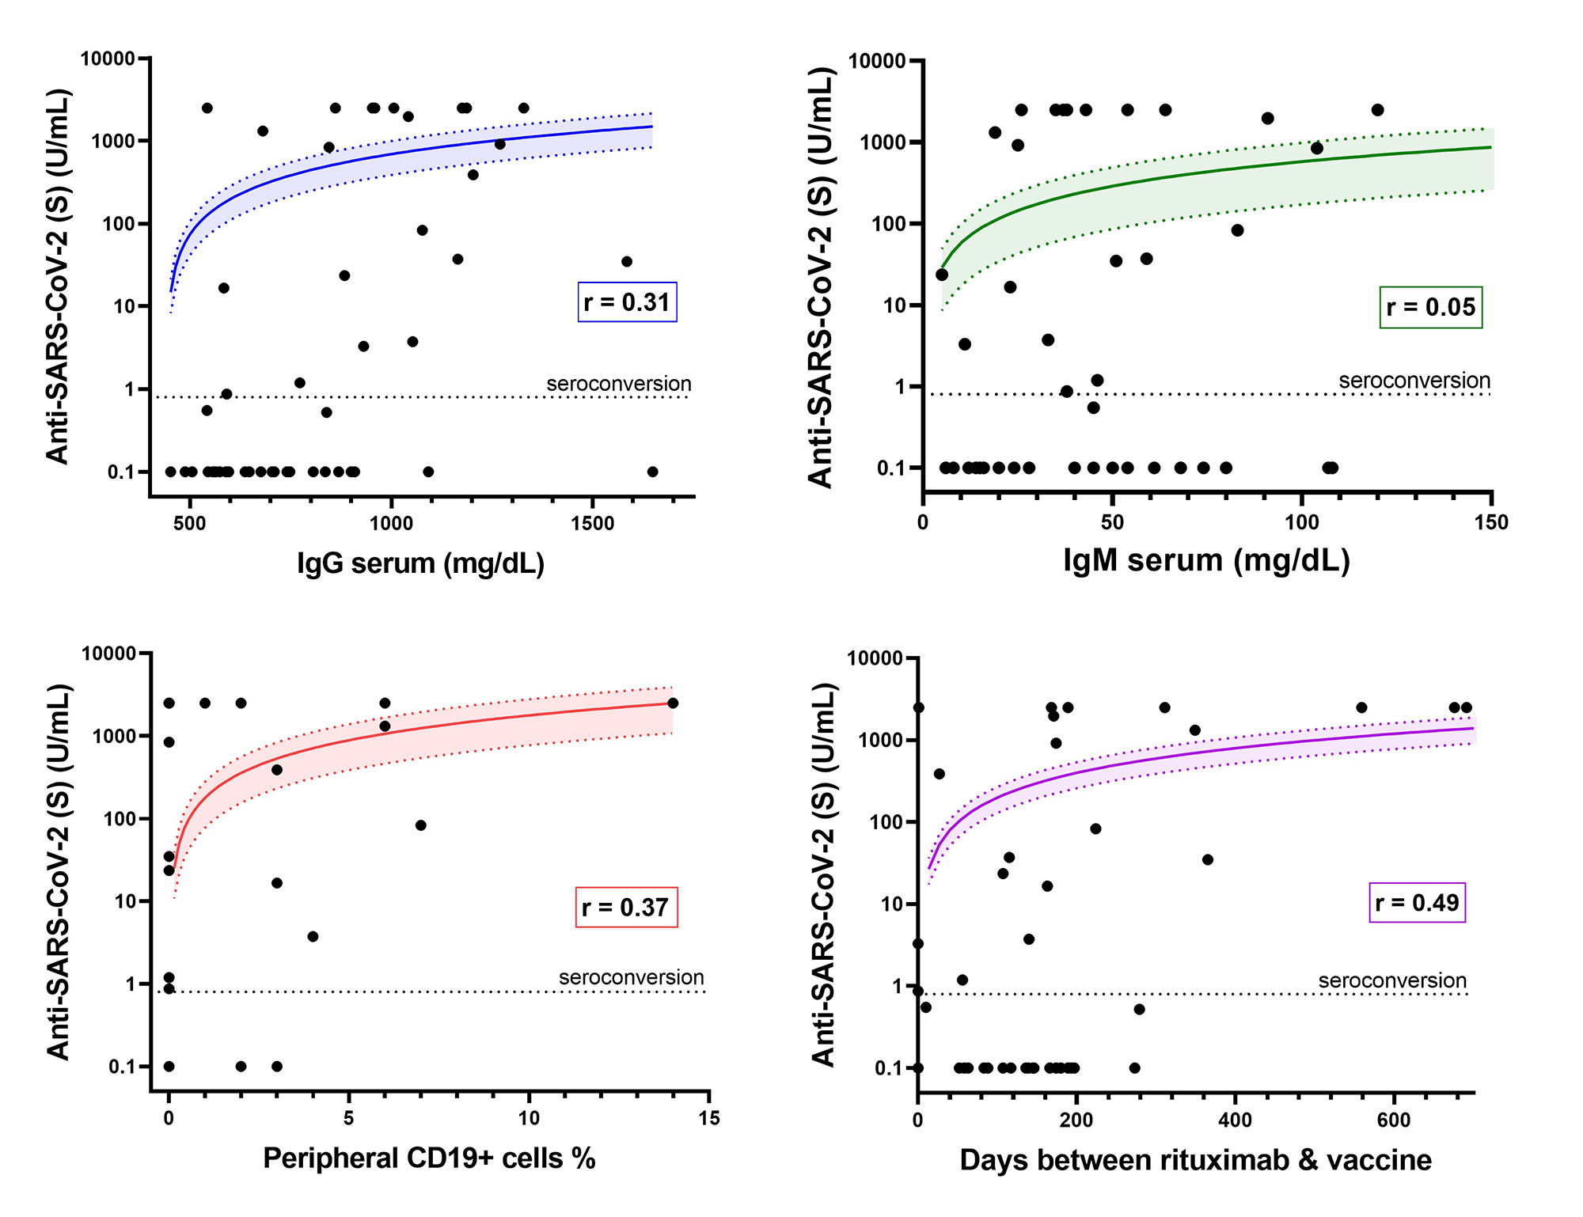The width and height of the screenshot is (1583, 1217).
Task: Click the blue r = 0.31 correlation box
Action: (x=627, y=302)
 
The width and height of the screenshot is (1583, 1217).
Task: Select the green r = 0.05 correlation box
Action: (x=1430, y=307)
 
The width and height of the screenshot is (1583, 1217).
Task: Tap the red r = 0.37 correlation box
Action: (x=626, y=908)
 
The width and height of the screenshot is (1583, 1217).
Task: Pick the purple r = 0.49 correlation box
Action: (x=1417, y=903)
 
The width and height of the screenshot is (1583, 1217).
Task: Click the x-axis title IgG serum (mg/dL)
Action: (x=420, y=563)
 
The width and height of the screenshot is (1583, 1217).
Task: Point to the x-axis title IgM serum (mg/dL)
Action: (x=1206, y=560)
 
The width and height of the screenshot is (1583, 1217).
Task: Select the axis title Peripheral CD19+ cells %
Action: (x=429, y=1158)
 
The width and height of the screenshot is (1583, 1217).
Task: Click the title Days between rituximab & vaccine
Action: (x=1195, y=1160)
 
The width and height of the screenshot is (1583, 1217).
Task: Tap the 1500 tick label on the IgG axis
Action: (x=592, y=524)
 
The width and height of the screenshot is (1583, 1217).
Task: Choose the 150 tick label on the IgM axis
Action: (x=1491, y=522)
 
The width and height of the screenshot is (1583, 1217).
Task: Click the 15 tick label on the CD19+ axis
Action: (x=709, y=1118)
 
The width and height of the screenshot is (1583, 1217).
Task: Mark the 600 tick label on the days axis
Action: (x=1393, y=1120)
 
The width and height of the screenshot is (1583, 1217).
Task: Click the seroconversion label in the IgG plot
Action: (x=618, y=384)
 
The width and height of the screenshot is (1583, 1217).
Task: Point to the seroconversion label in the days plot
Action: (x=1391, y=980)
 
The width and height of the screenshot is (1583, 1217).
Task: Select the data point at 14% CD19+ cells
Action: (x=673, y=703)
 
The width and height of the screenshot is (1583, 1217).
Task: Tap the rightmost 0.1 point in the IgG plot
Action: (x=653, y=472)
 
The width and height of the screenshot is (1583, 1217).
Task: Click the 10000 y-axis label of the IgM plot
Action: (x=876, y=62)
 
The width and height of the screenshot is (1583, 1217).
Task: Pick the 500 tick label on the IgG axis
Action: (x=189, y=524)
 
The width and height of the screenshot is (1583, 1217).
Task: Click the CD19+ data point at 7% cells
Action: (x=421, y=825)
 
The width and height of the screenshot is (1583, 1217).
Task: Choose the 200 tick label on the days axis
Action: (x=1076, y=1120)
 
